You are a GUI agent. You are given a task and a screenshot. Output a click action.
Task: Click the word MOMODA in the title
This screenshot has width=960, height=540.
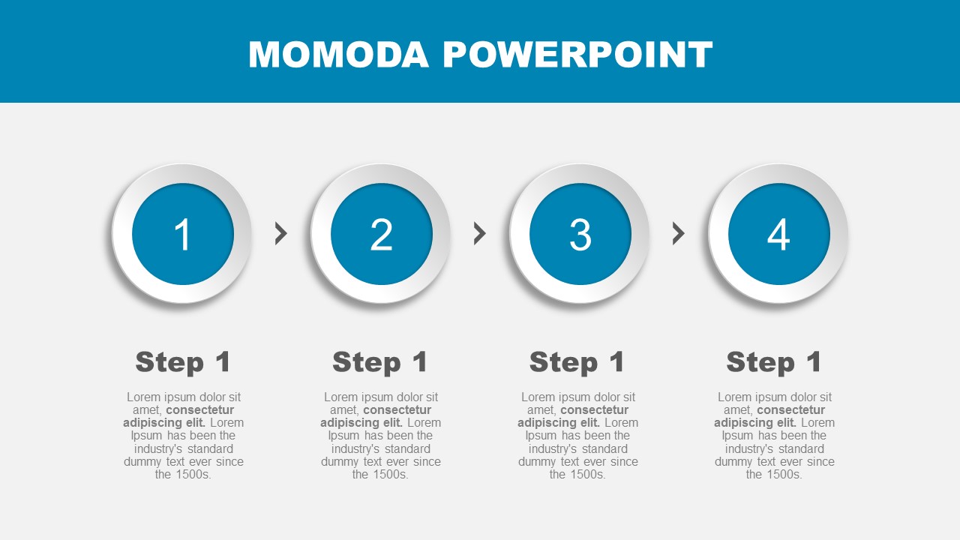(x=338, y=55)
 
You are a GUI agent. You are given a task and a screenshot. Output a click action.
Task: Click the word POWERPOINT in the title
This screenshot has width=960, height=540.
(x=577, y=55)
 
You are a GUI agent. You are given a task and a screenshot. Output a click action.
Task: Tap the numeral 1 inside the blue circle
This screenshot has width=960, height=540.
(x=183, y=234)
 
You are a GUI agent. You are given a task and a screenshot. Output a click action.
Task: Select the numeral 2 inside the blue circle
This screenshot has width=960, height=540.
(x=382, y=234)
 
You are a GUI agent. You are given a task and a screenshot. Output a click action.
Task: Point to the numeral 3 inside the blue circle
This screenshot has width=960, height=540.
(x=580, y=234)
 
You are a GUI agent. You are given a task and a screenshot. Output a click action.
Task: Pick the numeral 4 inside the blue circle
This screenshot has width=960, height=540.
(x=778, y=234)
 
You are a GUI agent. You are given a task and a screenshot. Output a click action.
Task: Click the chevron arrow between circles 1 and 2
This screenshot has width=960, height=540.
(x=281, y=233)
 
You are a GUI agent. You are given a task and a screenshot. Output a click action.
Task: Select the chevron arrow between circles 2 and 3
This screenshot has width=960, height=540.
(x=480, y=233)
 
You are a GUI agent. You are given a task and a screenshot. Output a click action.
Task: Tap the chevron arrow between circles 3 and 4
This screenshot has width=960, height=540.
(x=679, y=233)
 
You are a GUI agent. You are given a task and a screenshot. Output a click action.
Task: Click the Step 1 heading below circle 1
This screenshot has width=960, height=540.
(x=183, y=362)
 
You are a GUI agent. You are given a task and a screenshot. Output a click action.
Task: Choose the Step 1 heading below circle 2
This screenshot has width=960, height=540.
(x=380, y=362)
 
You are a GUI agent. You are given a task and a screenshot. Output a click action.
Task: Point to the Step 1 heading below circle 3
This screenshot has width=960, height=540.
(x=577, y=362)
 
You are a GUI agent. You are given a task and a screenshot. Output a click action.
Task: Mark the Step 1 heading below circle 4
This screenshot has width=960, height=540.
(x=774, y=362)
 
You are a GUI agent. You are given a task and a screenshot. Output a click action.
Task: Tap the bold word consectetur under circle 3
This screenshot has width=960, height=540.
(x=595, y=410)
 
